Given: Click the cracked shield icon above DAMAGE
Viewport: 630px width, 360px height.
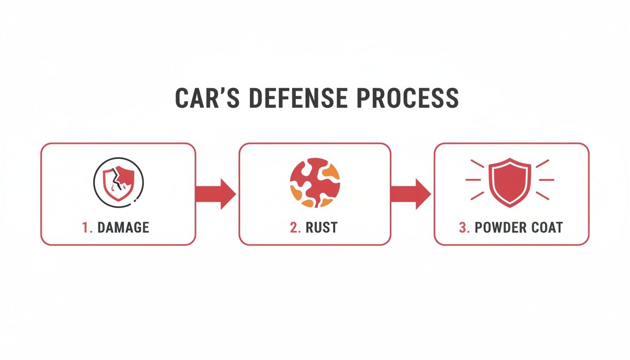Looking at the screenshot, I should click(x=118, y=180).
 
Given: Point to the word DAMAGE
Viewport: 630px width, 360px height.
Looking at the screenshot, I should click(x=123, y=228).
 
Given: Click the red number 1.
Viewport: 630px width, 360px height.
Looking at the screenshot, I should click(x=86, y=228).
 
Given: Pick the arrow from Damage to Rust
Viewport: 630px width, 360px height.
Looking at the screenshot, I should click(x=215, y=193).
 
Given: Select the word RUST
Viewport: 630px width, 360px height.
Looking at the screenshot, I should click(x=322, y=228).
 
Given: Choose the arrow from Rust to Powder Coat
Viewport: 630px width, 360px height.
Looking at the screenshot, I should click(x=410, y=193).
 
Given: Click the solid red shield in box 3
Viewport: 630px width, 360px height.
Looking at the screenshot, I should click(x=510, y=182).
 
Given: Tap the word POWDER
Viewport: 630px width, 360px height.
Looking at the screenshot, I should click(x=502, y=228).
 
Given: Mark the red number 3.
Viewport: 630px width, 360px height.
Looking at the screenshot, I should click(x=464, y=228).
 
